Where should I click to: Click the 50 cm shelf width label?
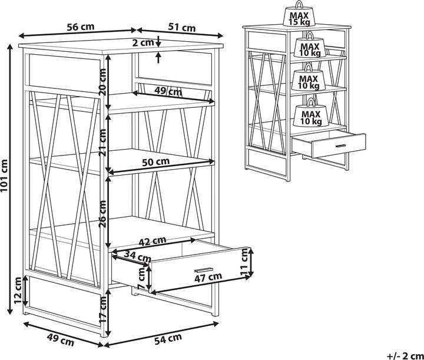click(x=155, y=161)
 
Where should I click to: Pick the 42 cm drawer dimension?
click(x=152, y=241)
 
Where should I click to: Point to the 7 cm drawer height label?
click(x=141, y=275)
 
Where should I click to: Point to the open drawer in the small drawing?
click(x=329, y=144)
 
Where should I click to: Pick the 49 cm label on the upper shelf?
click(x=168, y=91)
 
